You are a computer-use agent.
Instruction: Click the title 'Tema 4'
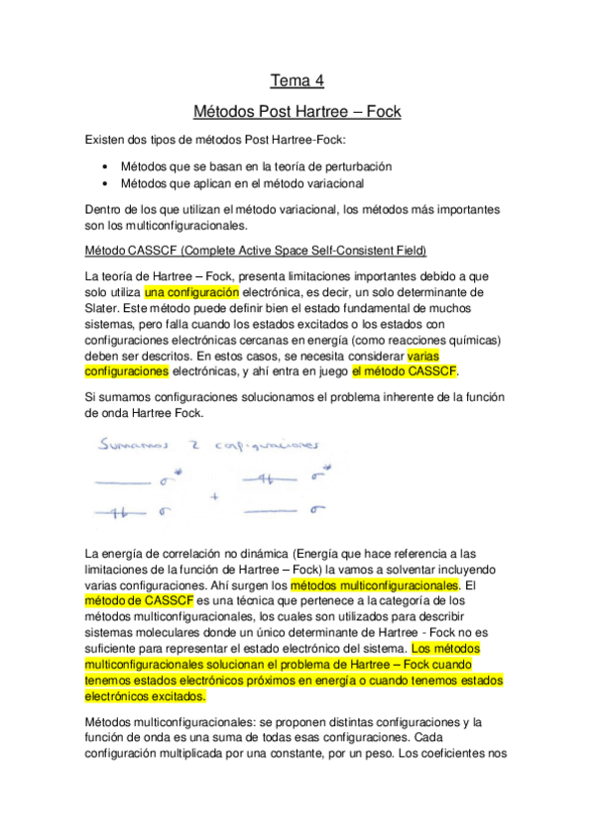tap(297, 80)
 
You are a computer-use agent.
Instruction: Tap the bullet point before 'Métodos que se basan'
tap(106, 167)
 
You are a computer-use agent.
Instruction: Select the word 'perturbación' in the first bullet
tap(350, 167)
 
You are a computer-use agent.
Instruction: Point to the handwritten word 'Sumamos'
tap(133, 447)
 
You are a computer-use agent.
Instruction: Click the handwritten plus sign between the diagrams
tap(213, 494)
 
